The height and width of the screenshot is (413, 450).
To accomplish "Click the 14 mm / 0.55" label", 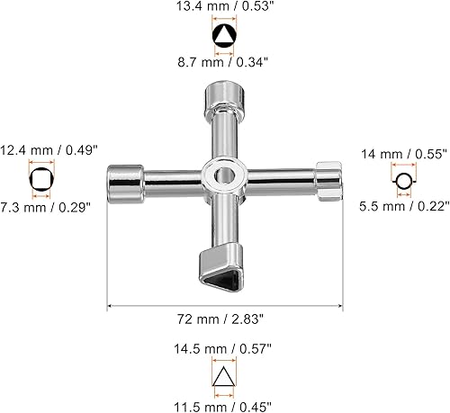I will tap(404, 154).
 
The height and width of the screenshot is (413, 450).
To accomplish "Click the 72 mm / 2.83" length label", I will tap(223, 319).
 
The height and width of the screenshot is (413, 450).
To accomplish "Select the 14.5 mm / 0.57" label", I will tap(223, 345).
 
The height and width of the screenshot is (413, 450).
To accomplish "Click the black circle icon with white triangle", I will tap(223, 36).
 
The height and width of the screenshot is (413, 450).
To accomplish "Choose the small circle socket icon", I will tap(406, 181).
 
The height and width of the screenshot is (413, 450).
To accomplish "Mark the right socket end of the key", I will tap(328, 177).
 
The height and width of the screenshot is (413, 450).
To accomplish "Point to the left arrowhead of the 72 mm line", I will tap(110, 305).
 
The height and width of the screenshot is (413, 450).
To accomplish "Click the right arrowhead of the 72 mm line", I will tap(339, 305).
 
